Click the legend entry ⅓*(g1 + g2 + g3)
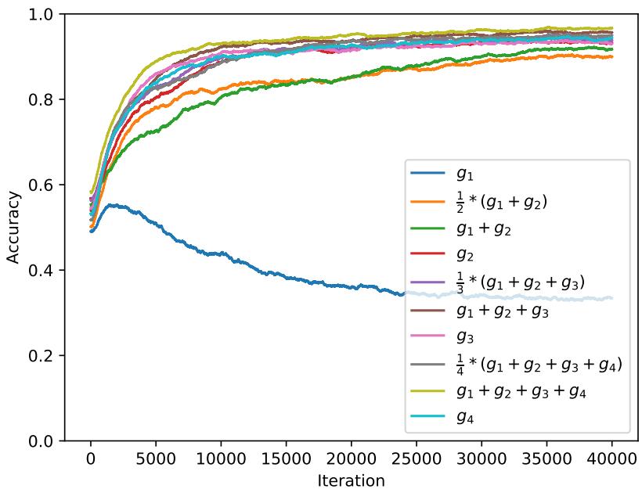[x=520, y=281]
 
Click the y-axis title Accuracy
[x=13, y=227]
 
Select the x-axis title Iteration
[x=351, y=479]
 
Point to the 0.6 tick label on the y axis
[x=42, y=185]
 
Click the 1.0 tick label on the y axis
[x=42, y=14]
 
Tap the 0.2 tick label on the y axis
[x=42, y=356]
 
